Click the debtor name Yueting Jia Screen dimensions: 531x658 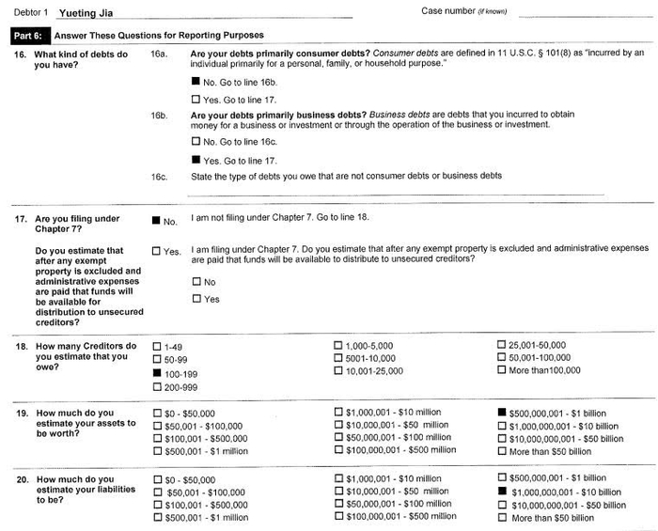84,13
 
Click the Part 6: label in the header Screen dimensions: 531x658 27,36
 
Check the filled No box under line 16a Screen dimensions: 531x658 196,81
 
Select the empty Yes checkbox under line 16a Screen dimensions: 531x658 196,98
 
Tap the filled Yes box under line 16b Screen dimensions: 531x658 196,160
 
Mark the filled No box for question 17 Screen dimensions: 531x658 156,220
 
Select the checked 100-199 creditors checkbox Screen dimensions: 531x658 157,372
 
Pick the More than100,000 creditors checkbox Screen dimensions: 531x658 503,370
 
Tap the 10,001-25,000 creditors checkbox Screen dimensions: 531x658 338,370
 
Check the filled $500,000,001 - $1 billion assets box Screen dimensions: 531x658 503,413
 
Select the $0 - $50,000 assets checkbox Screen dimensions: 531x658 157,413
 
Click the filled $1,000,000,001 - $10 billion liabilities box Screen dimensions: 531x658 503,492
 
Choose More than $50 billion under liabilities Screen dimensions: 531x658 503,518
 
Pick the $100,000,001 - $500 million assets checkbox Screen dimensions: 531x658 338,451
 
